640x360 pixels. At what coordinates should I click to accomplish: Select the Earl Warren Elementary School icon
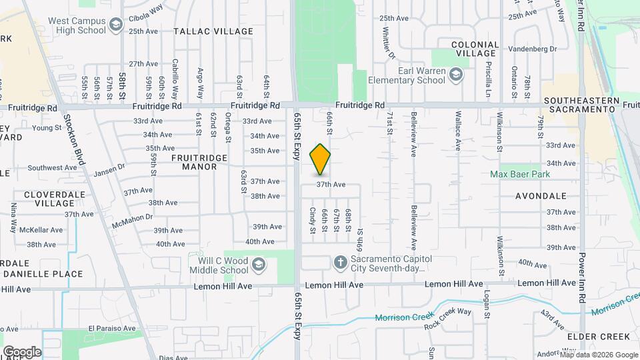456,73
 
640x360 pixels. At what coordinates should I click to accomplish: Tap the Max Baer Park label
525,174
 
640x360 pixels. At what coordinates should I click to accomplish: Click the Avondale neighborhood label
541,196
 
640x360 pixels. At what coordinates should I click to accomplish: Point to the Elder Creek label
589,337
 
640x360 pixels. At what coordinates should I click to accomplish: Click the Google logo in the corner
21,351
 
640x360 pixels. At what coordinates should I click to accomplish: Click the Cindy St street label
312,219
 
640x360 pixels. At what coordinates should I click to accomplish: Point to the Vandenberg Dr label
532,49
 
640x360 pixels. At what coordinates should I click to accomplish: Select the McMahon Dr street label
133,217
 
